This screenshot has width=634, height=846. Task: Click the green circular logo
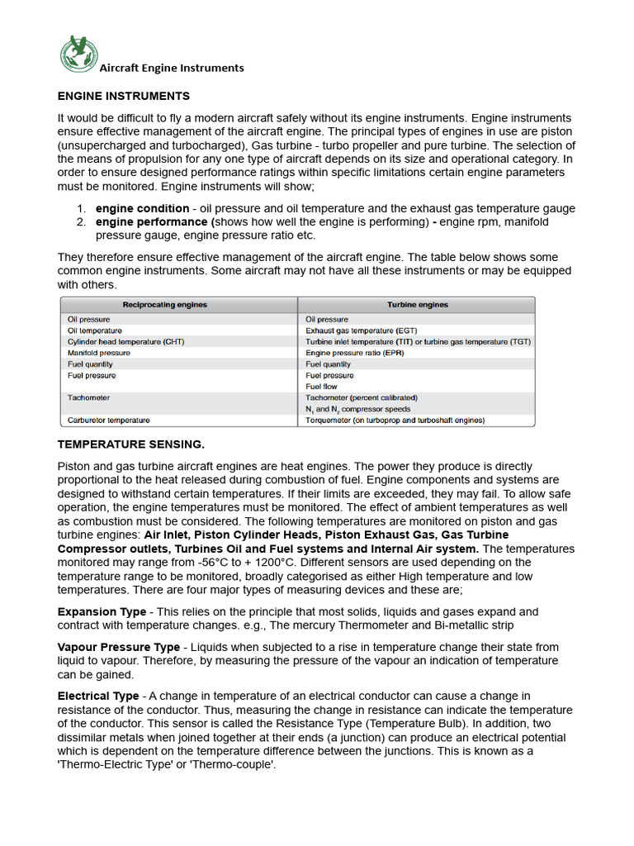pos(78,54)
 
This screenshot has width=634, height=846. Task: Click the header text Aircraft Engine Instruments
pos(172,68)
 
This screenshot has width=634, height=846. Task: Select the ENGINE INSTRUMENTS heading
pos(123,97)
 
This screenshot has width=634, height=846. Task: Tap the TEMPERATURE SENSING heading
pos(130,444)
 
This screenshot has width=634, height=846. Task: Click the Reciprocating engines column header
pos(165,305)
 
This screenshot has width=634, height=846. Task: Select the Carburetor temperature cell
pos(108,420)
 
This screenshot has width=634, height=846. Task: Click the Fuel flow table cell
pos(321,386)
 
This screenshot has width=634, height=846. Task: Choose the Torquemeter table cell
pos(395,420)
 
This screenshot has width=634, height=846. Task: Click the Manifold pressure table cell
pos(98,353)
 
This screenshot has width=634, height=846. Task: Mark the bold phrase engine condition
pos(142,209)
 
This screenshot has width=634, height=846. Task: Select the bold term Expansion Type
pos(102,612)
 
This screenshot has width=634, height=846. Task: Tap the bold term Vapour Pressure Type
pos(118,648)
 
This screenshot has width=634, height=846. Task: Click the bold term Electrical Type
pos(97,696)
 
